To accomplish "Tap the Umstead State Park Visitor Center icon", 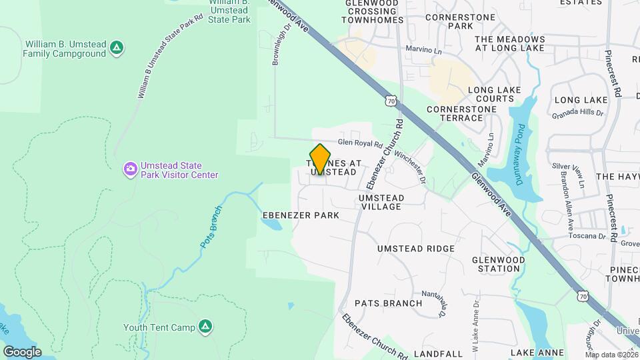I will [130, 170].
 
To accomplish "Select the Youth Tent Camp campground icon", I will [207, 327].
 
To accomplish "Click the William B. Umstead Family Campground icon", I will [117, 47].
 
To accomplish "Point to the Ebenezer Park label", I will [301, 215].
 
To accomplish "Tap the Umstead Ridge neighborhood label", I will [415, 249].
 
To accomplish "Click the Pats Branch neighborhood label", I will [388, 303].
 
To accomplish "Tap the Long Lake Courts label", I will [491, 94].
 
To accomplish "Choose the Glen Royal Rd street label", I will [359, 143].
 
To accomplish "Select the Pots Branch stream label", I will [211, 227].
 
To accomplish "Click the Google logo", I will [22, 351].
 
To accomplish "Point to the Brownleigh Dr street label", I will [280, 45].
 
